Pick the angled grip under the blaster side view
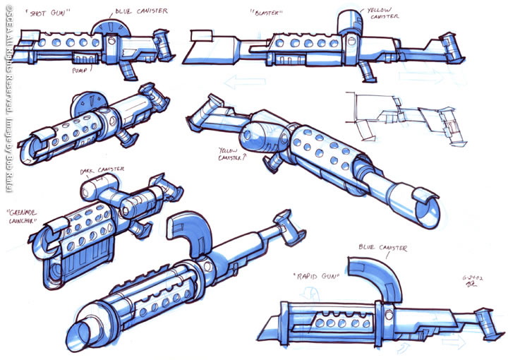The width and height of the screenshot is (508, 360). [367, 71]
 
